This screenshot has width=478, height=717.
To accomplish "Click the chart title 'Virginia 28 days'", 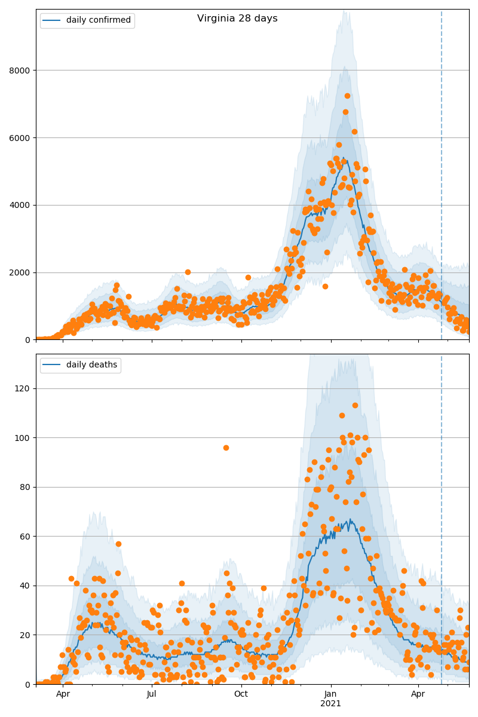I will pos(237,19).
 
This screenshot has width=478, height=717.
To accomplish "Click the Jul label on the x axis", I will pos(152,694).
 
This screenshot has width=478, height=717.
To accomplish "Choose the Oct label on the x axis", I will pos(241,694).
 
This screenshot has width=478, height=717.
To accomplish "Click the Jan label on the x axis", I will pos(330,694).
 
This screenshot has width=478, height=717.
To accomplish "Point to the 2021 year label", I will pos(330,704).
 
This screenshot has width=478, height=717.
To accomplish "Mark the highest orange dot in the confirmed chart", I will pos(347,96).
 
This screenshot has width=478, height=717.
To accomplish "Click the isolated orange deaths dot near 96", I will pos(226,448).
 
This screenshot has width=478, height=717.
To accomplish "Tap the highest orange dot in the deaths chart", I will pos(355,405).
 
